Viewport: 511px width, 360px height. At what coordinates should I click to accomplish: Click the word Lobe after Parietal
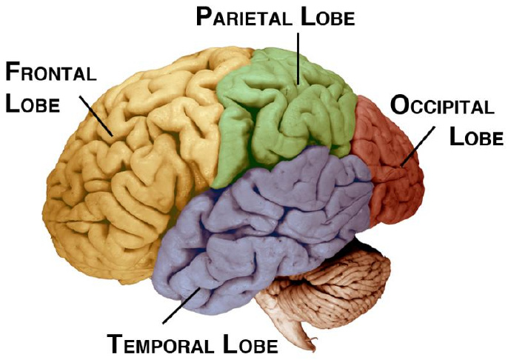(x=327, y=17)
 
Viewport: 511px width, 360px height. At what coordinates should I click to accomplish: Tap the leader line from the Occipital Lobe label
(x=417, y=145)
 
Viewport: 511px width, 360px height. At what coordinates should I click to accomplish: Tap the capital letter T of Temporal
(x=116, y=344)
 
